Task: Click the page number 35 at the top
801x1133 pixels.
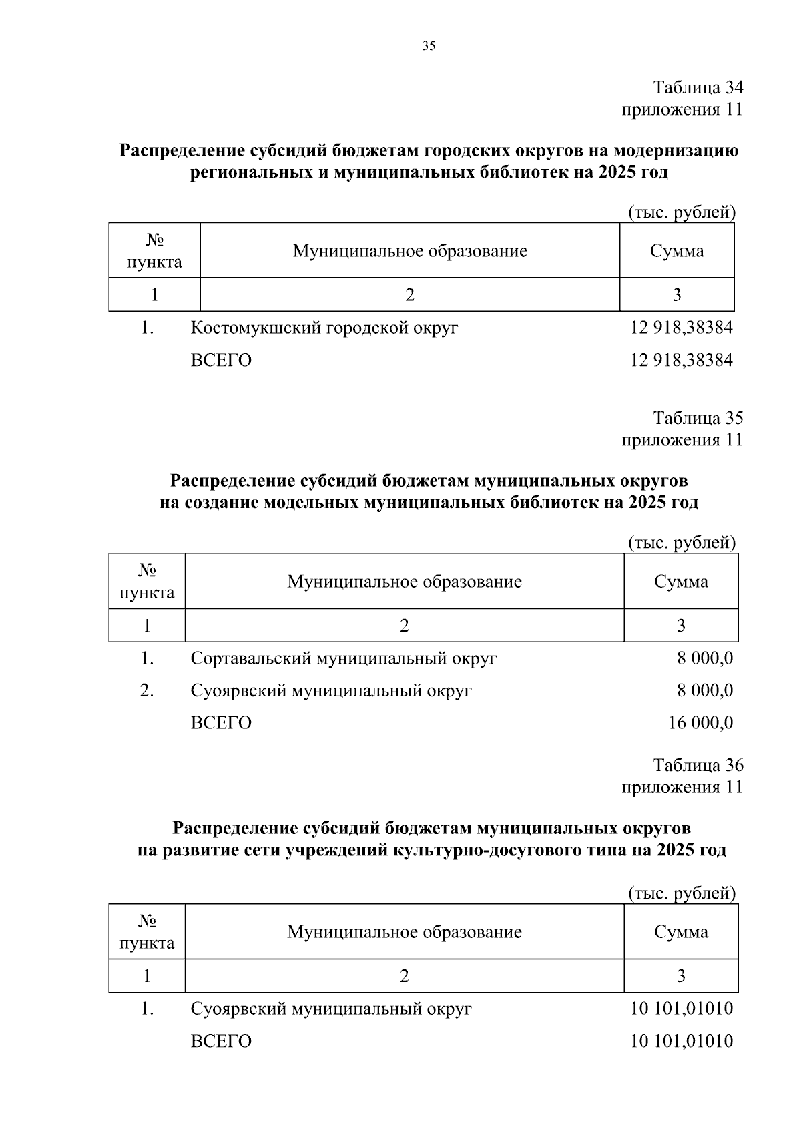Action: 429,46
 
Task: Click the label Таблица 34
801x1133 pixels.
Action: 698,87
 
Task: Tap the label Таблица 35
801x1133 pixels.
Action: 698,418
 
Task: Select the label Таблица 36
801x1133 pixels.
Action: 698,765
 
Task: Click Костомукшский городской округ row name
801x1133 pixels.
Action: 324,328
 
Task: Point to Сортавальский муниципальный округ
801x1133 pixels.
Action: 344,658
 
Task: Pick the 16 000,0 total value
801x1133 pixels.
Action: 700,723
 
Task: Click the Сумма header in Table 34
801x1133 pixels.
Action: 677,251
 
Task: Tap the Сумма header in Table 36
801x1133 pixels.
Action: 681,932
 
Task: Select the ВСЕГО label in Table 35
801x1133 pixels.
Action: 221,723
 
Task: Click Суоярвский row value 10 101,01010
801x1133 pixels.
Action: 682,1009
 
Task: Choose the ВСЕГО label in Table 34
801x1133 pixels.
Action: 221,361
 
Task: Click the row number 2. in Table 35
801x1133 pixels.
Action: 147,691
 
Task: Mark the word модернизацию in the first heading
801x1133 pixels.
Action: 676,150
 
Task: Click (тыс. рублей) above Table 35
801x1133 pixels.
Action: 682,543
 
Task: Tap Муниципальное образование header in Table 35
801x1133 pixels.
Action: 405,582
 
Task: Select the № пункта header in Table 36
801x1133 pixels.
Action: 147,932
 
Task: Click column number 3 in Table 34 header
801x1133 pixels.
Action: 677,295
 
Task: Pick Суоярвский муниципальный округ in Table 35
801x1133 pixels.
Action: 331,691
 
